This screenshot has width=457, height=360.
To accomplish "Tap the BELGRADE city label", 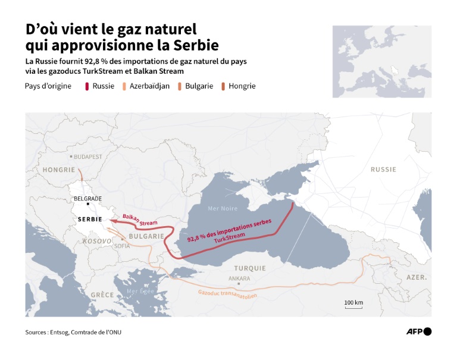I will pos(87,199).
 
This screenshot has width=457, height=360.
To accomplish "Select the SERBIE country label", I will pos(86,220).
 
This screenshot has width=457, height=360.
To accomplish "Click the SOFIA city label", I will pos(121,245).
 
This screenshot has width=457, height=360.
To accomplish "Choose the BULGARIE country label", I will pos(145,236).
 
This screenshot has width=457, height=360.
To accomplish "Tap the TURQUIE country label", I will pos(251,268).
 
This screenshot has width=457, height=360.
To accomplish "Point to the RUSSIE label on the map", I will pos(383,170).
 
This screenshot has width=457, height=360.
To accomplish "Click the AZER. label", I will pos(417,278).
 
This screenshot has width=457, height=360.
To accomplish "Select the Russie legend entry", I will pos(100,86).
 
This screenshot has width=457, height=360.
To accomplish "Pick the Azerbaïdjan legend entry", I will pos(146,86).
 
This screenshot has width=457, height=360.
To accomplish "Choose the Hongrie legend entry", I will pos(238,86).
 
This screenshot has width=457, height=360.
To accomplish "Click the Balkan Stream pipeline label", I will pos(139,219).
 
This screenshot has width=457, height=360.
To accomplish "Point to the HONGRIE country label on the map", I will pos(59,170).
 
